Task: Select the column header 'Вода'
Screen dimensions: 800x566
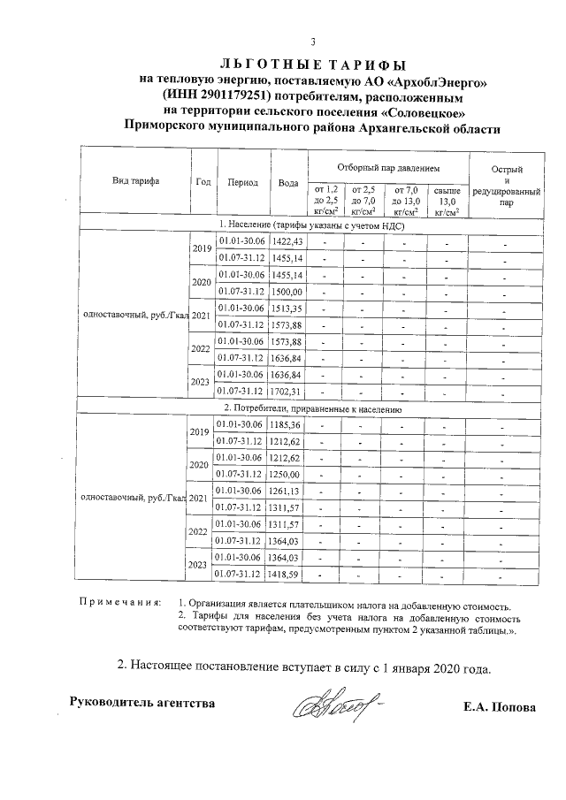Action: pos(287,183)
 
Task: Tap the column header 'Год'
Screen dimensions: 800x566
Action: pos(203,182)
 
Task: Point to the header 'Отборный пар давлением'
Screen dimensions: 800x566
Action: pos(389,168)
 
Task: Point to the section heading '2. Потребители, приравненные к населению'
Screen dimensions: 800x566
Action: pos(313,409)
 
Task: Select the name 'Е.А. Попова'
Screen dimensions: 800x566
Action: pos(499,707)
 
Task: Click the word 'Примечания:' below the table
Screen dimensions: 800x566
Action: pos(120,605)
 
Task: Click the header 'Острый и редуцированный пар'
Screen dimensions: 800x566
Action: pos(506,185)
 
